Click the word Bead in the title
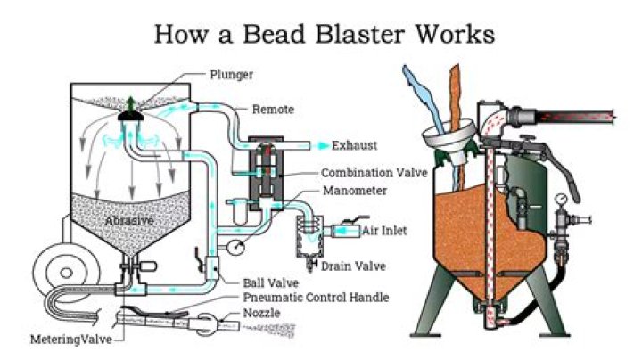(274, 34)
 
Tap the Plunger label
(231, 75)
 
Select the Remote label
(273, 110)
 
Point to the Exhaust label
(354, 145)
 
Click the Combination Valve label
(374, 173)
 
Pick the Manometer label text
(355, 191)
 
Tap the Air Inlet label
(384, 230)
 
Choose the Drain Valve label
(353, 266)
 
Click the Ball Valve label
(271, 282)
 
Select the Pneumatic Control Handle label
(316, 298)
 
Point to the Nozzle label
(261, 313)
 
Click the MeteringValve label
(71, 340)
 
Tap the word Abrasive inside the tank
(129, 220)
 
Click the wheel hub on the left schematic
(66, 272)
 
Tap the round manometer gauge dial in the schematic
(235, 247)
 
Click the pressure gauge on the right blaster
(560, 200)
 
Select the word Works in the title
(455, 34)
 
